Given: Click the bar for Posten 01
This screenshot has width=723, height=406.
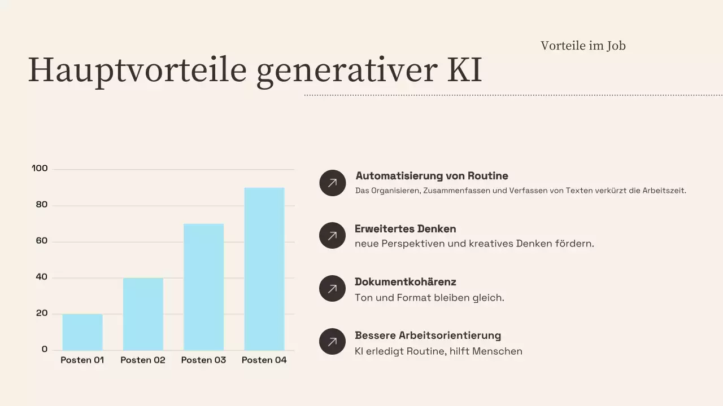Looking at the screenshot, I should (82, 332).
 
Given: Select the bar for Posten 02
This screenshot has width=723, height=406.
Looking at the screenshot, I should (143, 314).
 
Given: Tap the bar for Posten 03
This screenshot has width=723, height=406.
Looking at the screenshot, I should (203, 287).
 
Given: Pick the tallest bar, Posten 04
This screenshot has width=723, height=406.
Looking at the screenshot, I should (264, 269).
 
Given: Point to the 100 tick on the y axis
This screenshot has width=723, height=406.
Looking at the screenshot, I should (40, 169).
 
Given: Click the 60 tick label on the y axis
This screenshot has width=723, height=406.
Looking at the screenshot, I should (42, 241).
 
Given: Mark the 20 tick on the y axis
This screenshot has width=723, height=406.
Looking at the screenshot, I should (42, 314).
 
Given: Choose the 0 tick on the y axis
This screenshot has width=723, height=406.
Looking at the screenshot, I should (45, 350).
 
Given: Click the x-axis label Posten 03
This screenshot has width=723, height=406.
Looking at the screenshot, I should (203, 360).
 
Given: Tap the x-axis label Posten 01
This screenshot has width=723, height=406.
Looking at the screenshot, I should (82, 360).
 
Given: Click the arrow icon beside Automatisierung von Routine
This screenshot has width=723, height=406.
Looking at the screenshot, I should (332, 183).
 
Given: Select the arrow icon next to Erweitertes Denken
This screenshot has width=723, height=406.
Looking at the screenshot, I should (332, 236).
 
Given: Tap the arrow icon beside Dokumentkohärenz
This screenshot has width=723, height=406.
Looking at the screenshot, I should (332, 289).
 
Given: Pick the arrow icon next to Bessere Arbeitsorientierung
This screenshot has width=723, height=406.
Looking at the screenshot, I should (332, 342).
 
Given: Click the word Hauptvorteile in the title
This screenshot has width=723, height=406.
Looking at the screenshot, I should (137, 70).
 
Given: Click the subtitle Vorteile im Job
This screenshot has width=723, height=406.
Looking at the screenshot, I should (583, 46).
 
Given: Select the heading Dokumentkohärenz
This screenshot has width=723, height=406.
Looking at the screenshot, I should (406, 282).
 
